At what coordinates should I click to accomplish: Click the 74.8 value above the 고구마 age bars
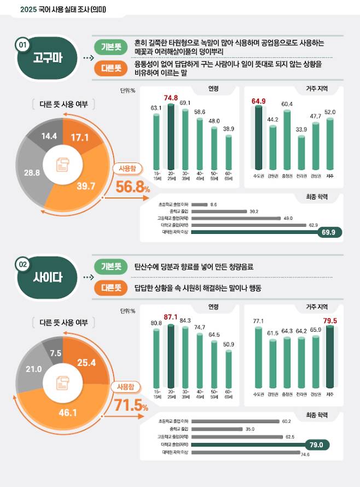[x=171, y=98]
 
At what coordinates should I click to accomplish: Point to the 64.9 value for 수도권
[x=258, y=101]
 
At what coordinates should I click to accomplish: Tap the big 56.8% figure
[x=132, y=187]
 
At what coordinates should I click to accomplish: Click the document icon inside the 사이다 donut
[x=62, y=385]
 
